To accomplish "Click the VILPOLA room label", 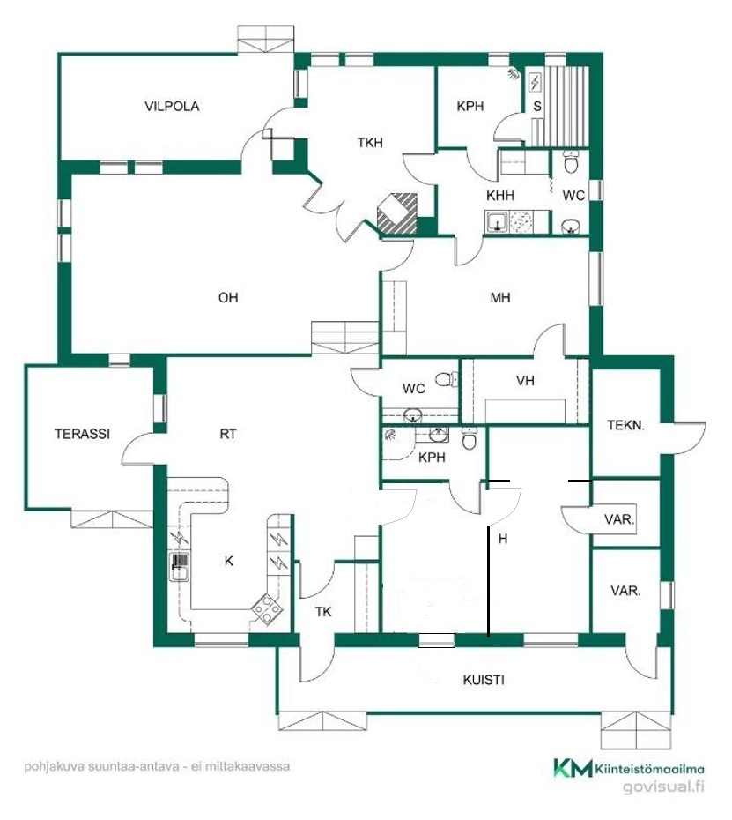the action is pos(172,106).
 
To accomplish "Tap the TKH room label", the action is pos(370,142).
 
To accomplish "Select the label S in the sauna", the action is pos(537,106).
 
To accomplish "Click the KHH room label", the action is pos(500,196).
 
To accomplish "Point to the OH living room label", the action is pos(228,297).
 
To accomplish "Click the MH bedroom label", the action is pos(500,297).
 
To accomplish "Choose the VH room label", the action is pos(525,381).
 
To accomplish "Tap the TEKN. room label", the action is pos(626,425).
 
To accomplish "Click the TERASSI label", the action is pos(82,434).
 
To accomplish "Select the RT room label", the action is pos(228,434).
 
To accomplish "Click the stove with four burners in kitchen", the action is pos(267,609).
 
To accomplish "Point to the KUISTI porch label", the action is pos(484,680).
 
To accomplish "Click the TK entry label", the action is pos(323,611).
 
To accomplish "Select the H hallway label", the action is pos(503,538).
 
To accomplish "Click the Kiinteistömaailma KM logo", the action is pos(629,768).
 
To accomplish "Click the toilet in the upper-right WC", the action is pos(572,161).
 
